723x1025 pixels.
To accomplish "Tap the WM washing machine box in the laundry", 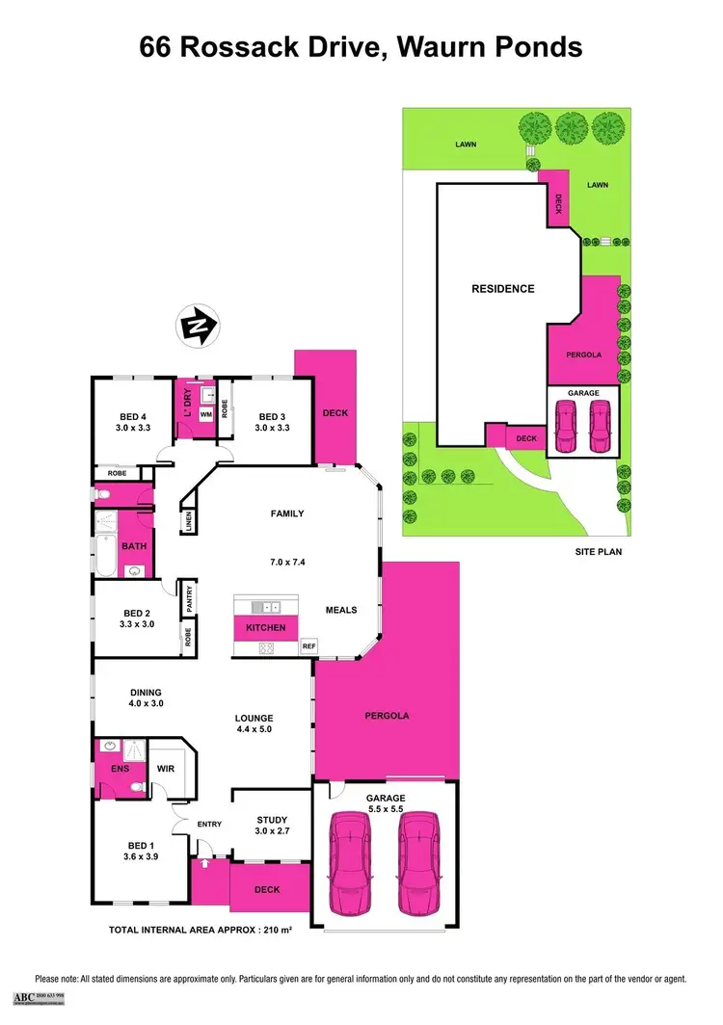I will point(205,414).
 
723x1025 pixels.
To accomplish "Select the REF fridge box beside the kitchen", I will point(308,646).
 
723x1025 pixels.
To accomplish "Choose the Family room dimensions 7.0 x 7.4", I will point(286,562).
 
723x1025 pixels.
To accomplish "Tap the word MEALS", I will point(341,610).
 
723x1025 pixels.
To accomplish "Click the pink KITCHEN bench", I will point(266,628).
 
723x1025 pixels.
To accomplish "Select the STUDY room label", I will point(273,820).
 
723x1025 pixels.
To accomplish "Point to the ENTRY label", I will point(209,824).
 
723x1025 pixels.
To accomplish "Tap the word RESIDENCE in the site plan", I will point(502,288).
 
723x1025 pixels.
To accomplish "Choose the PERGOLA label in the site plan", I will point(583,355).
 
